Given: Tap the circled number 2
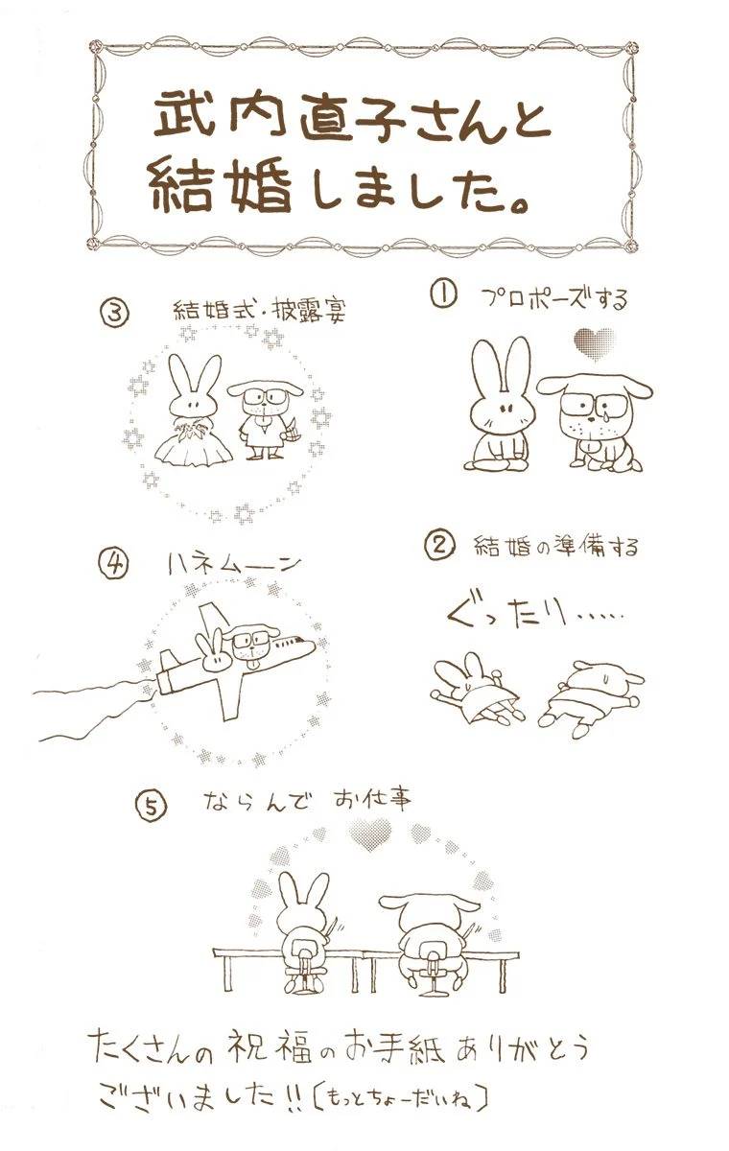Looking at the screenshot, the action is (439, 546).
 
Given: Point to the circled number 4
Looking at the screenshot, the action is (112, 565).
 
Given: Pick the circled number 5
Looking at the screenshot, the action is (152, 807).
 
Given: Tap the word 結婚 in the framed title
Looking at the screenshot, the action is (221, 188).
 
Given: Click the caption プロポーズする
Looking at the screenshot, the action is (555, 299).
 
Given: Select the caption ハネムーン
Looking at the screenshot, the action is (235, 565).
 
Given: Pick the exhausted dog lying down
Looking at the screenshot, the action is (591, 698).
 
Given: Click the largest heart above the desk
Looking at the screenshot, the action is (369, 836).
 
